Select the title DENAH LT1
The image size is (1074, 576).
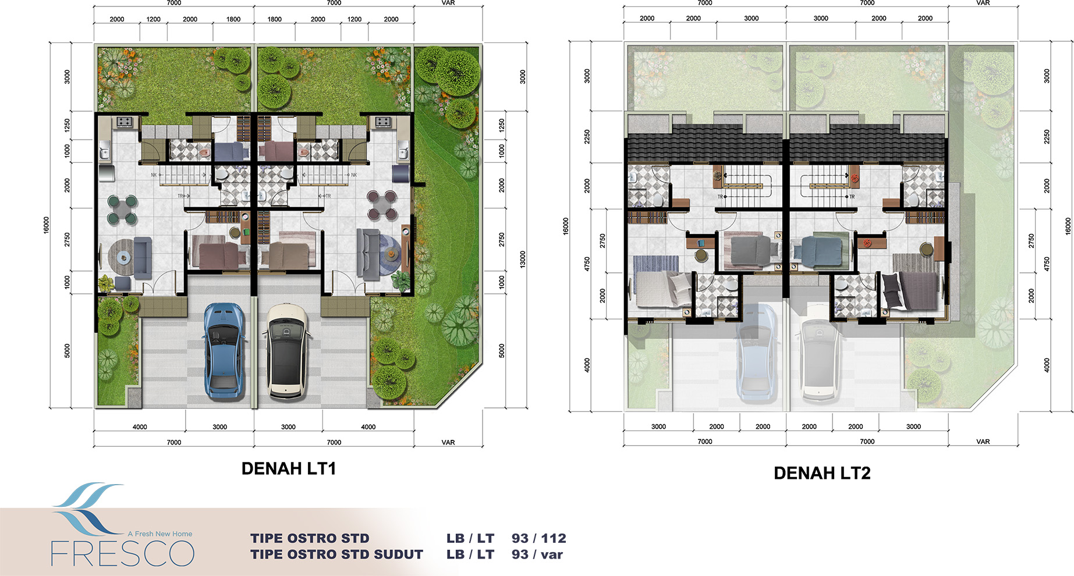(289, 468)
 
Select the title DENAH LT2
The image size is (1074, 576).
(822, 473)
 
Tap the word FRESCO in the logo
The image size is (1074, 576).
(122, 553)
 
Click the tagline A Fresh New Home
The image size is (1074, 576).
(160, 534)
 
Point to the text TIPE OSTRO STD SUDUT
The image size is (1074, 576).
(336, 554)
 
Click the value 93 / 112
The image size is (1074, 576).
(539, 538)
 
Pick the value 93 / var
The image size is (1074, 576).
(537, 554)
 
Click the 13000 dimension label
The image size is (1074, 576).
(523, 259)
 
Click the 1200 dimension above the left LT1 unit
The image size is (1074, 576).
(153, 19)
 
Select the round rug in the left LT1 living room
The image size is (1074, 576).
(123, 257)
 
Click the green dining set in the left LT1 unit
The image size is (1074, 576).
(122, 210)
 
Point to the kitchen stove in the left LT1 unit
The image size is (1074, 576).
(125, 122)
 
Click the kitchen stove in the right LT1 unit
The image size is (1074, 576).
(382, 122)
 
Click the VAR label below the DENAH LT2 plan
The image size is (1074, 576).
(983, 442)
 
